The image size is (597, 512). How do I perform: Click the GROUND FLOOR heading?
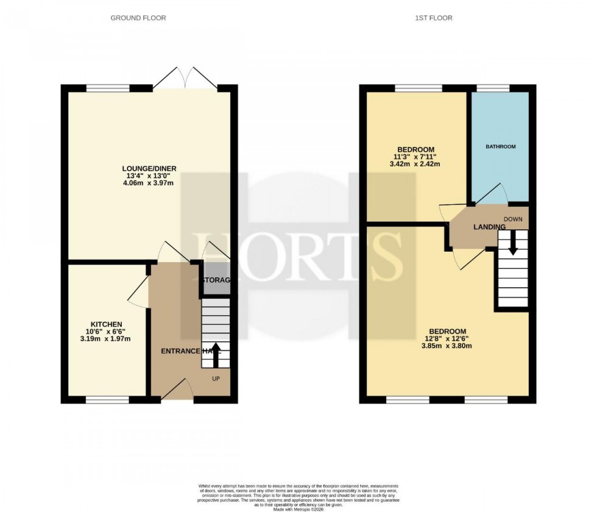[138, 18]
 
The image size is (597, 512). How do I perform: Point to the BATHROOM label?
[500, 147]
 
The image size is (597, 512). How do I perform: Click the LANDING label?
[490, 227]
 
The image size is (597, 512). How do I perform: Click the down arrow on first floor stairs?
[512, 242]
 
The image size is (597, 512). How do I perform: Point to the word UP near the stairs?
[216, 379]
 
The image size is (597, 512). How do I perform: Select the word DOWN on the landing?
[512, 219]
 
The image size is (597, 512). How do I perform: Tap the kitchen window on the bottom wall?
[107, 400]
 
